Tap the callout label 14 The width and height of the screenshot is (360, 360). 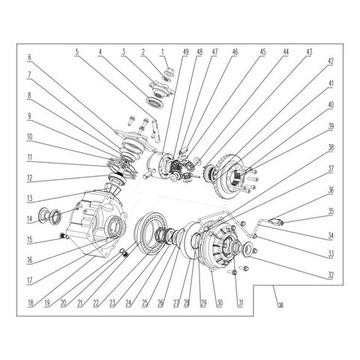point(30,220)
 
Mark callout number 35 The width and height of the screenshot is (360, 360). point(330,211)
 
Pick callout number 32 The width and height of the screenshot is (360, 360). point(330,274)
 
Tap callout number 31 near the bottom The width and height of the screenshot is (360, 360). point(240,304)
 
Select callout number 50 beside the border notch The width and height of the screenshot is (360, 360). point(280,305)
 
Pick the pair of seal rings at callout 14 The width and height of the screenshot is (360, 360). point(53,217)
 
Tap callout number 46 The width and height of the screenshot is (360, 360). point(235,52)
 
